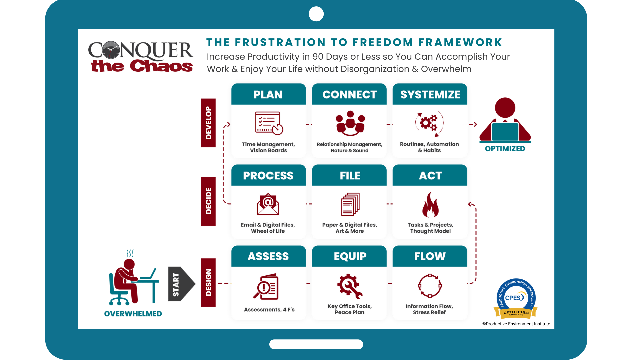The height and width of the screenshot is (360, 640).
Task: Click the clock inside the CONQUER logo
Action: (x=111, y=50)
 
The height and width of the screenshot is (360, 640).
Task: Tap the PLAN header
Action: (x=268, y=94)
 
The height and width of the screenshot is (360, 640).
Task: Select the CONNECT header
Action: (x=349, y=94)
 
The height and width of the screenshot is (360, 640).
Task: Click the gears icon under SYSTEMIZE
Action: (x=429, y=124)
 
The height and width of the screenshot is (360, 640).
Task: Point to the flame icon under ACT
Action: (x=430, y=205)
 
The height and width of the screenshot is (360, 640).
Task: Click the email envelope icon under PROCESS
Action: (x=268, y=204)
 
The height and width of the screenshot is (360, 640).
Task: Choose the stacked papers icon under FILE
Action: (x=350, y=204)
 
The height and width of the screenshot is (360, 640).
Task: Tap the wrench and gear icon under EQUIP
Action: (x=350, y=286)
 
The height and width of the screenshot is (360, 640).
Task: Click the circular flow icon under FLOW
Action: (x=430, y=286)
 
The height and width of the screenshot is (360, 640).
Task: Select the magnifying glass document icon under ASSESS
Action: (x=266, y=287)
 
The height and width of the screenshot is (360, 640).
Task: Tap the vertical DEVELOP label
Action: (x=208, y=123)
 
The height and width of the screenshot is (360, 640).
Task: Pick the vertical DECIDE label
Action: (x=208, y=202)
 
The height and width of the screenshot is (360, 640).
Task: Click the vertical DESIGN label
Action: (x=208, y=283)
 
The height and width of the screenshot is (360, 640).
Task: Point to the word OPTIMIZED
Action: (x=505, y=149)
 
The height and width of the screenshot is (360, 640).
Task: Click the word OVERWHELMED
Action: (x=133, y=314)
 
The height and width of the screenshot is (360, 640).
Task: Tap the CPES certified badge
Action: (x=516, y=298)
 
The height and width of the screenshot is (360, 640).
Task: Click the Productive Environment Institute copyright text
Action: (x=516, y=324)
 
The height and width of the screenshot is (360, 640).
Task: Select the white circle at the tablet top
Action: (x=316, y=14)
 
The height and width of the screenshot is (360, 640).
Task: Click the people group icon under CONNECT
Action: (x=350, y=123)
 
